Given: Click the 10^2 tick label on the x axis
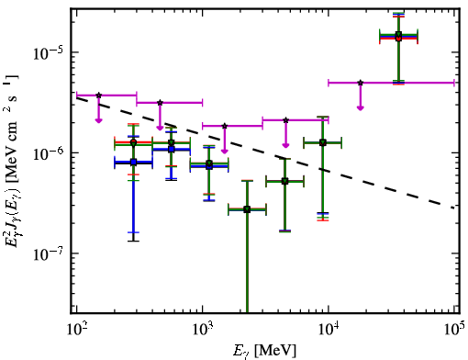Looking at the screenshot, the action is click(76, 329).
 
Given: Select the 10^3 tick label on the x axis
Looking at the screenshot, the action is click(202, 329).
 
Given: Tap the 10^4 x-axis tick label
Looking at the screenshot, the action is click(329, 329).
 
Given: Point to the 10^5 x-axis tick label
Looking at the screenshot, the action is click(454, 329).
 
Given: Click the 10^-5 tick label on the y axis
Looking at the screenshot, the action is click(48, 52).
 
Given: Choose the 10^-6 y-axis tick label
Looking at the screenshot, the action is click(48, 153).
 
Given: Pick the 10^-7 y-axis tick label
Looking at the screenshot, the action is click(48, 253).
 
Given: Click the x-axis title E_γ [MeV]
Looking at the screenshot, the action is click(264, 351).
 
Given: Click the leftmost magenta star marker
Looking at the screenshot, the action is click(98, 96).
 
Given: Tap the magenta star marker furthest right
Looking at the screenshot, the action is click(361, 83).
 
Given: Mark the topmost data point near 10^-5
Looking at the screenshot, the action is click(398, 35).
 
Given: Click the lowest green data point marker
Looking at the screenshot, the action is click(247, 209).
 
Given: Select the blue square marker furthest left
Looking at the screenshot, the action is click(133, 163).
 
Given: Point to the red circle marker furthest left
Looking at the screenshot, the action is click(133, 142).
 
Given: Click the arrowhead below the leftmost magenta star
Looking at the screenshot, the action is click(98, 120).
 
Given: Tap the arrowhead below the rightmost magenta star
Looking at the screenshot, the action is click(361, 107).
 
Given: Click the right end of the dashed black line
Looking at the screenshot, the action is click(454, 208).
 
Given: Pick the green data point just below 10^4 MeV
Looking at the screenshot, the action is click(323, 142).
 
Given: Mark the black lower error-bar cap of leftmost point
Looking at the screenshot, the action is click(133, 241).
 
